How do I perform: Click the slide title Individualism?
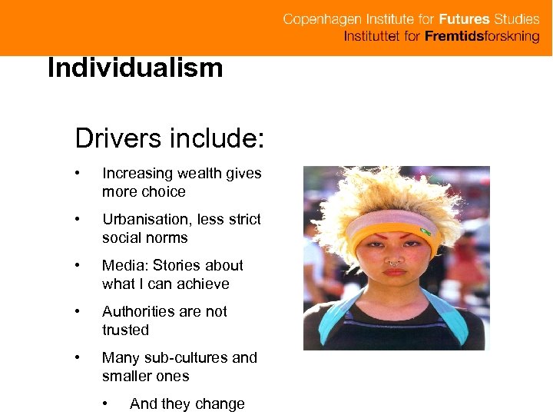pyautogui.click(x=135, y=68)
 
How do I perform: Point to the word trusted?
pyautogui.click(x=125, y=330)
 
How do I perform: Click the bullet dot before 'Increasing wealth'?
pyautogui.click(x=78, y=174)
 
